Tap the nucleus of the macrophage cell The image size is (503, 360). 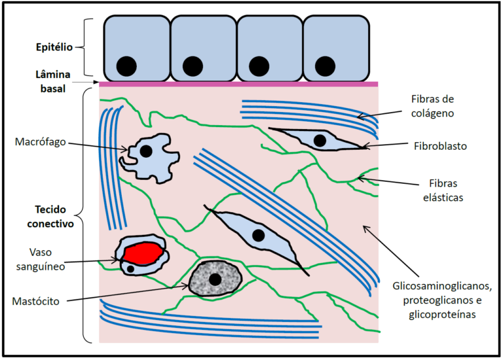[x=146, y=151]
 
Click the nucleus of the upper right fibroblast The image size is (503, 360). [x=320, y=140]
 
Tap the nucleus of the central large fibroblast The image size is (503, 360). [x=259, y=235]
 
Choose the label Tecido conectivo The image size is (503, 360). [x=53, y=216]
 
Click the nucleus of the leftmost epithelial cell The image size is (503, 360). [x=126, y=65]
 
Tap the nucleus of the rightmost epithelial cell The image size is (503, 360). [x=325, y=65]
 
